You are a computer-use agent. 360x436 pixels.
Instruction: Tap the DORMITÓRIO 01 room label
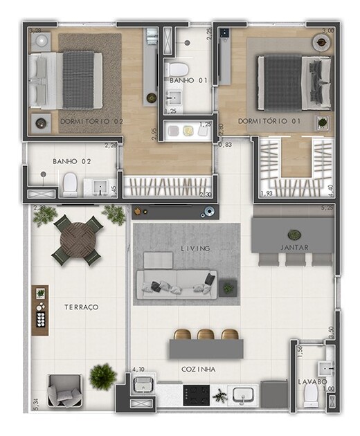(260, 121)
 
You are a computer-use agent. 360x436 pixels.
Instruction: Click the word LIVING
(195, 248)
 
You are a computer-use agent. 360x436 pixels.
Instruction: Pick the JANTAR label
(295, 247)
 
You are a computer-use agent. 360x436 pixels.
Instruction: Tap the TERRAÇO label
(82, 307)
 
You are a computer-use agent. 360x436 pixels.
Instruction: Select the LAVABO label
(312, 381)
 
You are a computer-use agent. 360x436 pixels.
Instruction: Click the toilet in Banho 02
(69, 184)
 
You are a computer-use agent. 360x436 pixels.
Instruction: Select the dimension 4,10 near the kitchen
(138, 370)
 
